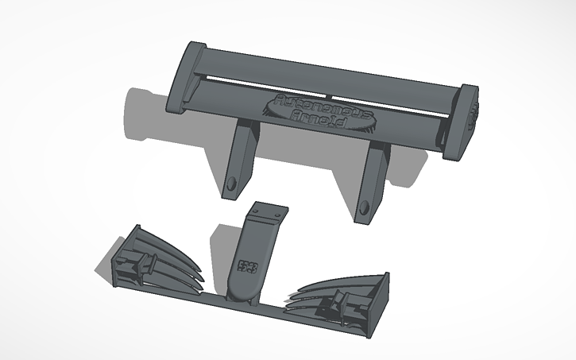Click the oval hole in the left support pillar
tap(232, 185)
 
